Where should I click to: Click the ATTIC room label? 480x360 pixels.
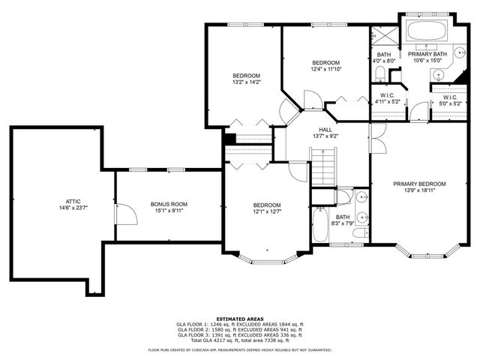73,201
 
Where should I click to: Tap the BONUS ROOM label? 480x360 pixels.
169,204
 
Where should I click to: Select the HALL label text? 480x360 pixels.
325,129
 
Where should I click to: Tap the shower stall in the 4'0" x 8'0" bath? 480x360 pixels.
383,36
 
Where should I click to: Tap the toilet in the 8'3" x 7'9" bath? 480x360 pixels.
342,196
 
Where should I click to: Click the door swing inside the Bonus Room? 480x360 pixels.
128,216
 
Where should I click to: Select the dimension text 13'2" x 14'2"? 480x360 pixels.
246,82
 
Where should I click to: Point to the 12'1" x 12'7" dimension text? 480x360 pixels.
266,211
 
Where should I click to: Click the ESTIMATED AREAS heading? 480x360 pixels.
239,318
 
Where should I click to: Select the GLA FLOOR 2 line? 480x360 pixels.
239,329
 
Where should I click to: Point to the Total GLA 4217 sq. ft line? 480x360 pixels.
239,340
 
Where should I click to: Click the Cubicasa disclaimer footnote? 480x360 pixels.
239,349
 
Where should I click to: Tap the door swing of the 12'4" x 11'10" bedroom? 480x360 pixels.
310,100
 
